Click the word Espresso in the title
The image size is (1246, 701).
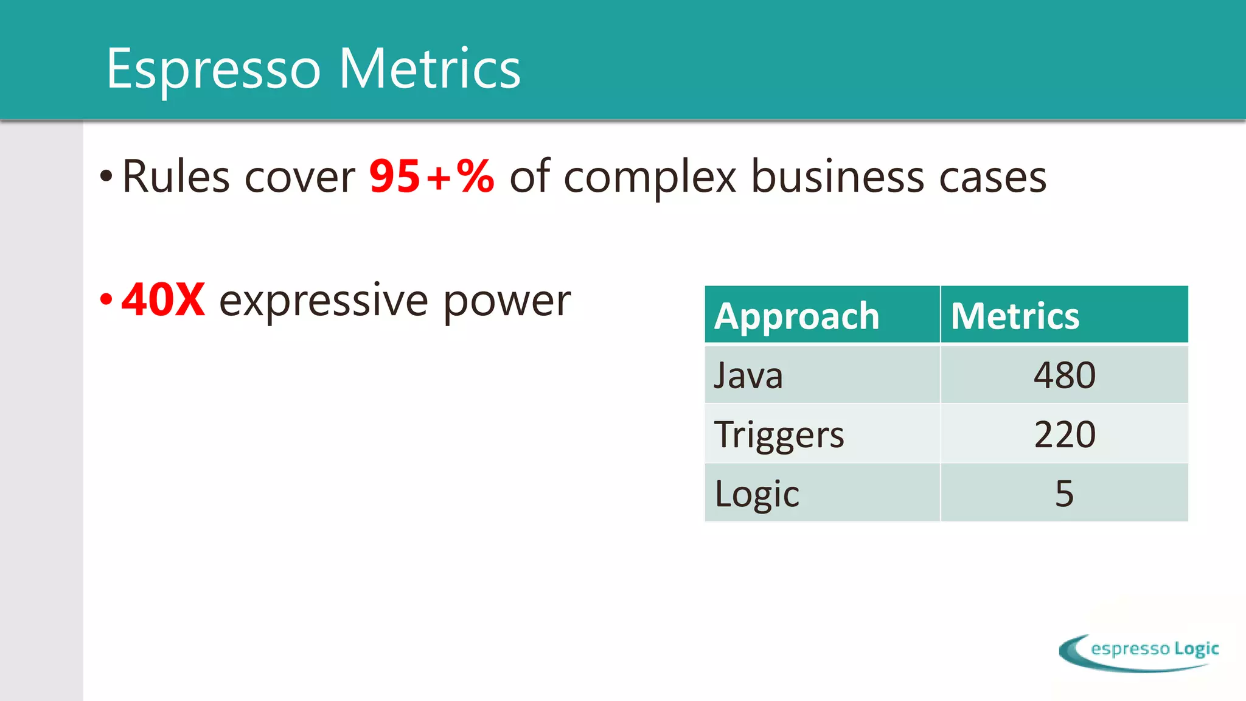pos(213,70)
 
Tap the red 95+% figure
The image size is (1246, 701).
pos(431,177)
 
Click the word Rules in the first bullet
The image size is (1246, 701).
pos(176,177)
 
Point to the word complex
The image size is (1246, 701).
pos(650,178)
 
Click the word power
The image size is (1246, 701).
pos(507,302)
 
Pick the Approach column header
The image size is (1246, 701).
pos(796,316)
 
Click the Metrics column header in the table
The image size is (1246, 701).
pos(1015,316)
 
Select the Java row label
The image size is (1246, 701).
pos(748,375)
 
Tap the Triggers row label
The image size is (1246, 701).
pos(779,435)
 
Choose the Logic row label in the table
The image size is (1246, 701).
pos(756,493)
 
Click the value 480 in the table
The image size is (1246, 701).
pos(1064,375)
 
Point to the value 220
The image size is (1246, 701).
pos(1064,434)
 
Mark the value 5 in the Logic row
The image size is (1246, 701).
pos(1064,493)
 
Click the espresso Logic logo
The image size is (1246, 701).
pos(1138,652)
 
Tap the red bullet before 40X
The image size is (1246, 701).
pos(106,299)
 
